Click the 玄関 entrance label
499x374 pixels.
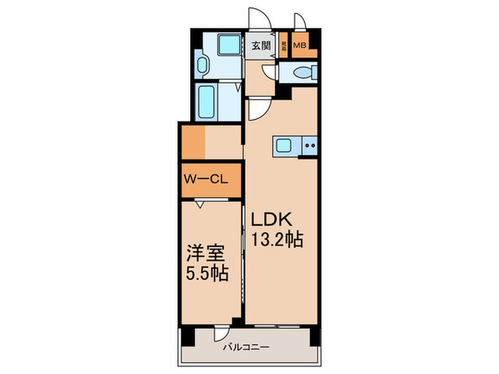(262, 46)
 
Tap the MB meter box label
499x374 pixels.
(300, 47)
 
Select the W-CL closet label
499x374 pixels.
(206, 180)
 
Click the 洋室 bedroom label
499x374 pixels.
(206, 254)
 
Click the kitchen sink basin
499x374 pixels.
(282, 147)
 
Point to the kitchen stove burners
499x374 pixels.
(309, 147)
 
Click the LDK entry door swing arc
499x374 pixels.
(259, 107)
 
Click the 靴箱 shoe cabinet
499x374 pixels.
(283, 47)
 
